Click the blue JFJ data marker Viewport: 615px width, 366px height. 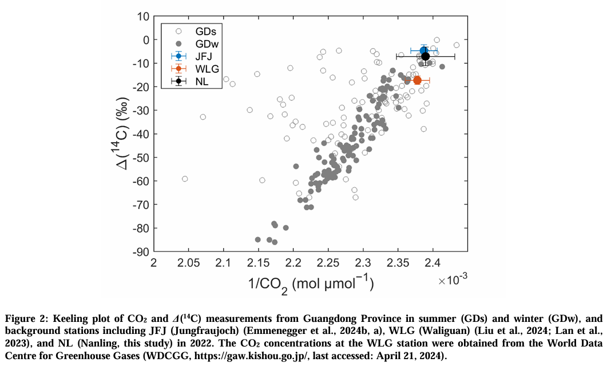(x=424, y=50)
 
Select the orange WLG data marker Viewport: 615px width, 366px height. (x=418, y=80)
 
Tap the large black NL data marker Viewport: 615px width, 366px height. (x=426, y=56)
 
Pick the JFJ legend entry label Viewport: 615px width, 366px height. (x=204, y=56)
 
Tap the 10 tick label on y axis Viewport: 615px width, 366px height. (x=142, y=16)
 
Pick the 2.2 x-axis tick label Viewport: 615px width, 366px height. (x=293, y=263)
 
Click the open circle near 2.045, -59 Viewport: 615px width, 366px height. (x=185, y=179)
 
